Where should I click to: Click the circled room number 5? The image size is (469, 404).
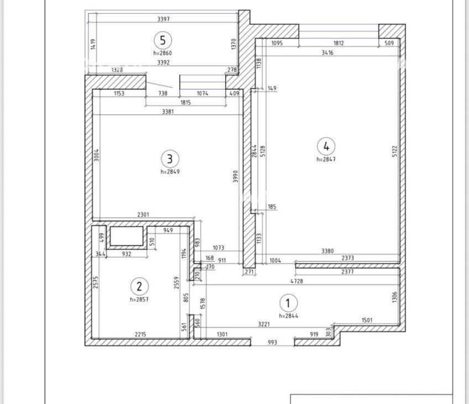[163, 40]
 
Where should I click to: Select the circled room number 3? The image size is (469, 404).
[170, 159]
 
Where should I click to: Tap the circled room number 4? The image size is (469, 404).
[326, 146]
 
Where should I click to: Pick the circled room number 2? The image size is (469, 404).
[139, 286]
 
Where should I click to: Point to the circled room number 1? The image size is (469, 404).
[288, 303]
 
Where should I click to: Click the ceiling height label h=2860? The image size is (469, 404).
[163, 53]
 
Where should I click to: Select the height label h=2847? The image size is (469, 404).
[326, 159]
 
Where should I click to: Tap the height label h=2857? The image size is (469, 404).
[139, 299]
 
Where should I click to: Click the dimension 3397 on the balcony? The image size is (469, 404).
[163, 19]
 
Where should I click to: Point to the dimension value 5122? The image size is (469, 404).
[395, 151]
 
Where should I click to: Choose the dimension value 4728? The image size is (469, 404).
[296, 281]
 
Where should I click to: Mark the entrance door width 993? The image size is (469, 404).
[273, 342]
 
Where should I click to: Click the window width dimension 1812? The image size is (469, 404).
[338, 43]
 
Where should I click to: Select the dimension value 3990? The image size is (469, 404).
[236, 177]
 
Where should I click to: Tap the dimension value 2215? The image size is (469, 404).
[140, 334]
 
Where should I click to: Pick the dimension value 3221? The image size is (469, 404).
[264, 324]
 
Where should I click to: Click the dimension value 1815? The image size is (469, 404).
[185, 102]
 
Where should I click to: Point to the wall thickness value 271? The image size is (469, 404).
[249, 272]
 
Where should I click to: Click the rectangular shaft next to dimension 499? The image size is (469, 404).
[127, 236]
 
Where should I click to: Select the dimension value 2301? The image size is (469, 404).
[143, 215]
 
